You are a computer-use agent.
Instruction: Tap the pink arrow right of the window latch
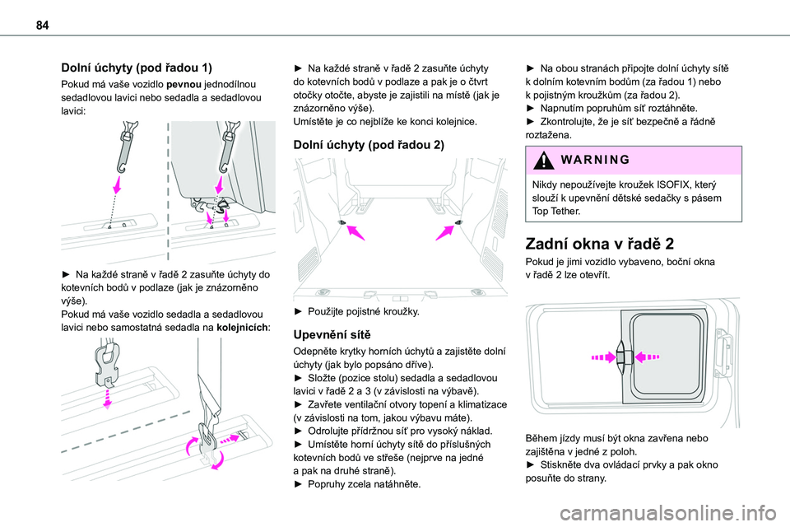(648, 357)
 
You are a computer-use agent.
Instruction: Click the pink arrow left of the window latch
(599, 357)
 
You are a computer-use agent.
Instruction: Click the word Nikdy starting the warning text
(547, 184)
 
